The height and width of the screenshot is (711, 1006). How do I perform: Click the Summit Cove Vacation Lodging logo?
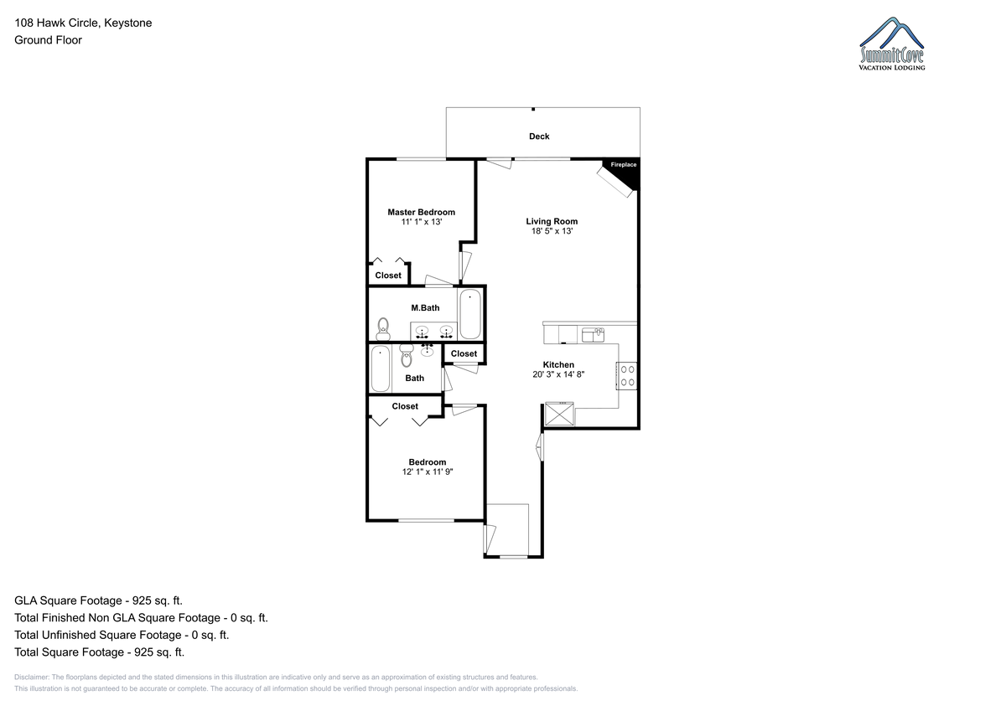point(892,44)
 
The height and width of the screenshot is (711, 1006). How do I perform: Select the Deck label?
point(539,137)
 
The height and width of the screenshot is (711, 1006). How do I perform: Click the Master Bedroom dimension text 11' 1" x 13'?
point(421,222)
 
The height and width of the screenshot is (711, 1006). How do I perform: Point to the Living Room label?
point(552,221)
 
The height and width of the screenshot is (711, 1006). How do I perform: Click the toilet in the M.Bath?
point(382,329)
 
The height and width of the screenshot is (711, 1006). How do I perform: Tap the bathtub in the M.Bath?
point(470,313)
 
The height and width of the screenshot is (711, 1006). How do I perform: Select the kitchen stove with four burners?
point(626,376)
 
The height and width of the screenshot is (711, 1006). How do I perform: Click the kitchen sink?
point(593,335)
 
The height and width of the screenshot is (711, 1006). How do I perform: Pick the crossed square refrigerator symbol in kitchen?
point(559,414)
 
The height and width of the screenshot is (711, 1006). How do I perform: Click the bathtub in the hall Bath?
point(381,368)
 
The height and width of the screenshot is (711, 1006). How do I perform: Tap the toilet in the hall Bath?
point(407,355)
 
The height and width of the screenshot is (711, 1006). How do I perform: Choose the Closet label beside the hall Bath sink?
point(464,353)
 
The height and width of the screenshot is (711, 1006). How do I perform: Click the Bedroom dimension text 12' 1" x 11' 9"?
point(427,471)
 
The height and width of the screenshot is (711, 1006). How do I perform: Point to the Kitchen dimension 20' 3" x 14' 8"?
point(558,374)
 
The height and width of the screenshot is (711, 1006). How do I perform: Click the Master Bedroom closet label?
point(388,276)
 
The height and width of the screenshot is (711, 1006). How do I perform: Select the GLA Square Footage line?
point(98,600)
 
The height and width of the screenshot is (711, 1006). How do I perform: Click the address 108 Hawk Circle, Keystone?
point(83,23)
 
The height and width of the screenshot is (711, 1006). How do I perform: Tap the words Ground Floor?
point(48,40)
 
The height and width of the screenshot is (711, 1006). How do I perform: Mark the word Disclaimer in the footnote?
point(32,677)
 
